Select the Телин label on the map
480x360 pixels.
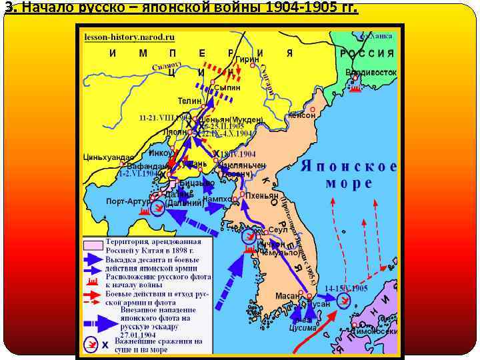(189, 100)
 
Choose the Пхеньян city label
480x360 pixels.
(262, 195)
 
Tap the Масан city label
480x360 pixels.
(289, 295)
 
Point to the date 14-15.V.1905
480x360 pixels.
(346, 288)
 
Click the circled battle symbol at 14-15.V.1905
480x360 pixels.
(343, 302)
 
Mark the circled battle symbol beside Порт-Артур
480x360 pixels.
(158, 209)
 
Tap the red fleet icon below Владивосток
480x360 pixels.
(355, 87)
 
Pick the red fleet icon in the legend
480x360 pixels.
(93, 281)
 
